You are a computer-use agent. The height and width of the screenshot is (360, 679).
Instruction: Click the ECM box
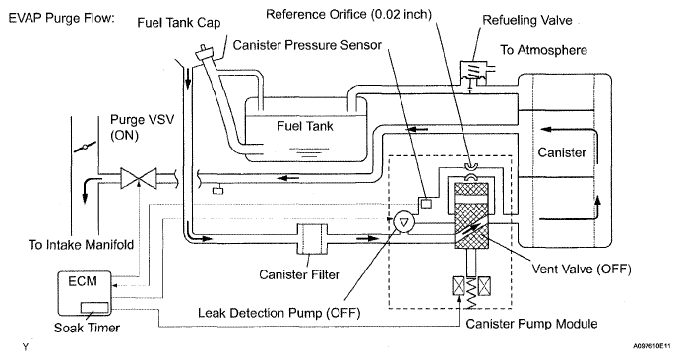tap(85, 294)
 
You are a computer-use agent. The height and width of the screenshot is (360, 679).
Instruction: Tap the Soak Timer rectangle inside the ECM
tap(94, 307)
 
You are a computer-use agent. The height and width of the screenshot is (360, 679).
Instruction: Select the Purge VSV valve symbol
tap(138, 178)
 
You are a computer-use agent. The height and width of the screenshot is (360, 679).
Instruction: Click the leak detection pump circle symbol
tap(404, 223)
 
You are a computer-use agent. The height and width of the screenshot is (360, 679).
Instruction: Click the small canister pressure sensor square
tap(427, 203)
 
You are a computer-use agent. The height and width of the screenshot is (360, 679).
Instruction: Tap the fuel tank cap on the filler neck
tap(205, 54)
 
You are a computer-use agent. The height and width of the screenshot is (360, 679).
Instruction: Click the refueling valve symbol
tap(473, 71)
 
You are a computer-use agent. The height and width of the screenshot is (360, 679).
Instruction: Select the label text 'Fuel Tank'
tap(305, 126)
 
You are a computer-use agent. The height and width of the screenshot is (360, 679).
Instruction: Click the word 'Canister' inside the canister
tap(562, 152)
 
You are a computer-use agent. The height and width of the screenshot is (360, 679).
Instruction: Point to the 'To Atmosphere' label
tap(544, 50)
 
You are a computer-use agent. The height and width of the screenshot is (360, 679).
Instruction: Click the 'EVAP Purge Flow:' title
tap(61, 18)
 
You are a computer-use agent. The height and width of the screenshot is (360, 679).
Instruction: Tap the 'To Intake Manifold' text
tap(81, 245)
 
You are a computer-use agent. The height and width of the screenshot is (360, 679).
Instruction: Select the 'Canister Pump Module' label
tap(531, 324)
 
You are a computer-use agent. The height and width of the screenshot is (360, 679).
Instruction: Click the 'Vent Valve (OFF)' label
tap(582, 269)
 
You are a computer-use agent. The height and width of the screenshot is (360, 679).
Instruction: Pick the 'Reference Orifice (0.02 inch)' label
tap(348, 15)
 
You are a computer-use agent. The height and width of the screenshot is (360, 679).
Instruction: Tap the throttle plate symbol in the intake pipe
tap(85, 147)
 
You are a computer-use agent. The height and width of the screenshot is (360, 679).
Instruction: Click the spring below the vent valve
tap(471, 292)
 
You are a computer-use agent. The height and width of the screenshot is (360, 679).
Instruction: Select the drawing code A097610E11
tap(653, 346)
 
